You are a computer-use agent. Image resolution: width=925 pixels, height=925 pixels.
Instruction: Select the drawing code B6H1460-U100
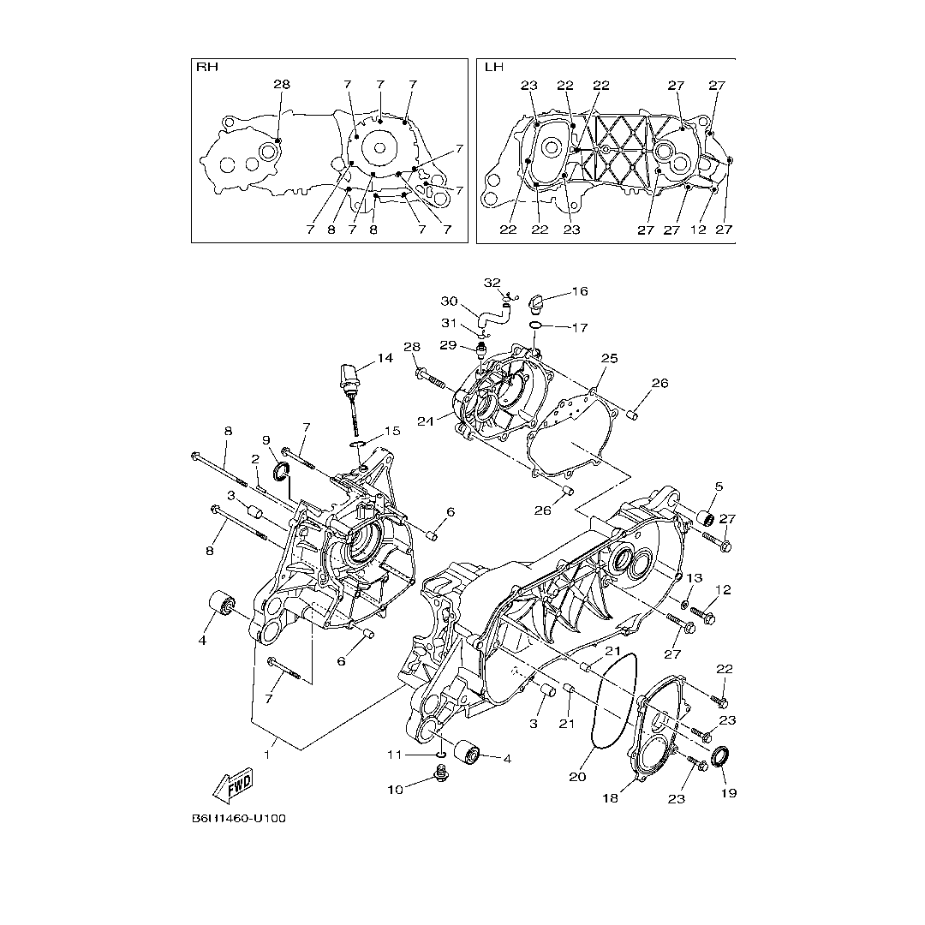click(238, 818)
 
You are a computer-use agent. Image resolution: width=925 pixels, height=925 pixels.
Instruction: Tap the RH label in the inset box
click(207, 67)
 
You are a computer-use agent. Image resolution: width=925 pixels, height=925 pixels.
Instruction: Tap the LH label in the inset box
click(494, 67)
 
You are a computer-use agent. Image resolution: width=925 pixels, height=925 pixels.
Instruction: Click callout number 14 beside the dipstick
click(385, 357)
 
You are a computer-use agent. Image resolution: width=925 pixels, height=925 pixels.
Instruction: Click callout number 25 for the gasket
click(610, 358)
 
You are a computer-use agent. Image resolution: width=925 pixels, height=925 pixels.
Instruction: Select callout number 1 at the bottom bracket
click(267, 755)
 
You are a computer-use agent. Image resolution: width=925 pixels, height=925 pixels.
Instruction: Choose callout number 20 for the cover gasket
click(577, 777)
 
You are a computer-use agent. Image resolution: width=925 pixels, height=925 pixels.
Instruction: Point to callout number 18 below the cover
click(610, 798)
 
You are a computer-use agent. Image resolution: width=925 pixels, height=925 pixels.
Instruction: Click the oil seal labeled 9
click(282, 471)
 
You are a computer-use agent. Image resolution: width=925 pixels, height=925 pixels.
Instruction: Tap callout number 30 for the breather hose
click(449, 301)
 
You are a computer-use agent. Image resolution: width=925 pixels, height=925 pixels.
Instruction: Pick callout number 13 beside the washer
click(695, 577)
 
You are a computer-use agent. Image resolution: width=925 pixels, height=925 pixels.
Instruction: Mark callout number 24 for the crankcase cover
click(426, 421)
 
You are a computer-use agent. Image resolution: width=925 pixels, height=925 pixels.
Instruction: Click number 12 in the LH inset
click(698, 230)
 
